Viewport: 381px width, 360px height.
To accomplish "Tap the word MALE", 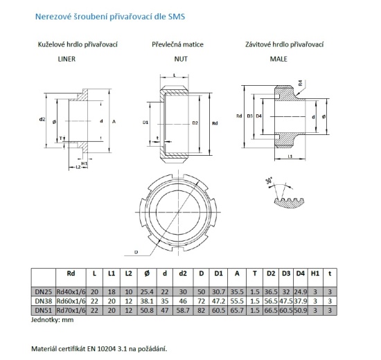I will pyautogui.click(x=278, y=60).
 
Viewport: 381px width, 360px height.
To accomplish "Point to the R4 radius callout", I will pyautogui.click(x=300, y=84).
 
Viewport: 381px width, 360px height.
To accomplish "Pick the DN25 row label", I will pyautogui.click(x=42, y=291).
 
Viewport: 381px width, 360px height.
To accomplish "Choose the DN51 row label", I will pyautogui.click(x=42, y=311).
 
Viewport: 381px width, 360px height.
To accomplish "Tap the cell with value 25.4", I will pyautogui.click(x=144, y=291).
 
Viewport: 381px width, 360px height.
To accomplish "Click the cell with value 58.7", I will pyautogui.click(x=184, y=311).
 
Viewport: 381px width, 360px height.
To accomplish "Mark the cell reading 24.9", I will pyautogui.click(x=300, y=291).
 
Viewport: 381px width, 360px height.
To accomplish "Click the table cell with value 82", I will pyautogui.click(x=201, y=311).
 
